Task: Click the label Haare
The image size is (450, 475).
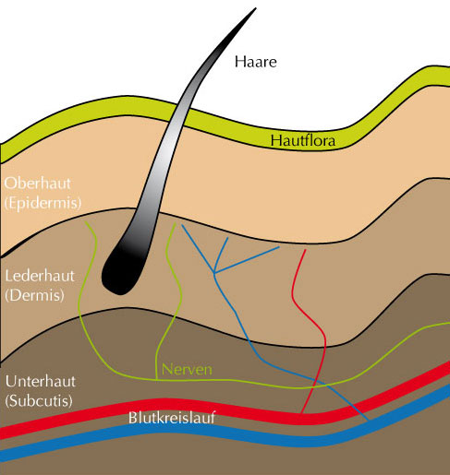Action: click(x=256, y=62)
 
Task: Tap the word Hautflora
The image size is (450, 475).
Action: click(x=303, y=141)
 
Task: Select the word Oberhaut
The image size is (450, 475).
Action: click(x=38, y=184)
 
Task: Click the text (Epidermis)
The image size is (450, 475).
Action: click(x=43, y=203)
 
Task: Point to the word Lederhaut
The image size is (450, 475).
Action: click(x=40, y=276)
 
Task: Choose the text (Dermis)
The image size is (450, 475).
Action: click(x=35, y=295)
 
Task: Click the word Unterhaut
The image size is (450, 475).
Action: click(x=41, y=382)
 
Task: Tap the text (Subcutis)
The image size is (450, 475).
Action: click(x=39, y=401)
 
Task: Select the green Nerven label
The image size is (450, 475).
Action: click(x=187, y=369)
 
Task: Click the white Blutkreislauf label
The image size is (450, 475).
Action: click(x=172, y=418)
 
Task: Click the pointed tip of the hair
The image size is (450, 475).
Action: click(x=256, y=8)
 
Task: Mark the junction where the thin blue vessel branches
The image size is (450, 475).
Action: click(x=214, y=272)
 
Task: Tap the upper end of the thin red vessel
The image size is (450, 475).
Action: click(x=305, y=250)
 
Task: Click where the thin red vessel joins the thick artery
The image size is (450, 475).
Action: click(x=302, y=413)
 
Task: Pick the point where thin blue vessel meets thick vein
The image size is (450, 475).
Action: click(x=368, y=420)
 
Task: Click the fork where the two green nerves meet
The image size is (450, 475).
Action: click(x=157, y=380)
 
